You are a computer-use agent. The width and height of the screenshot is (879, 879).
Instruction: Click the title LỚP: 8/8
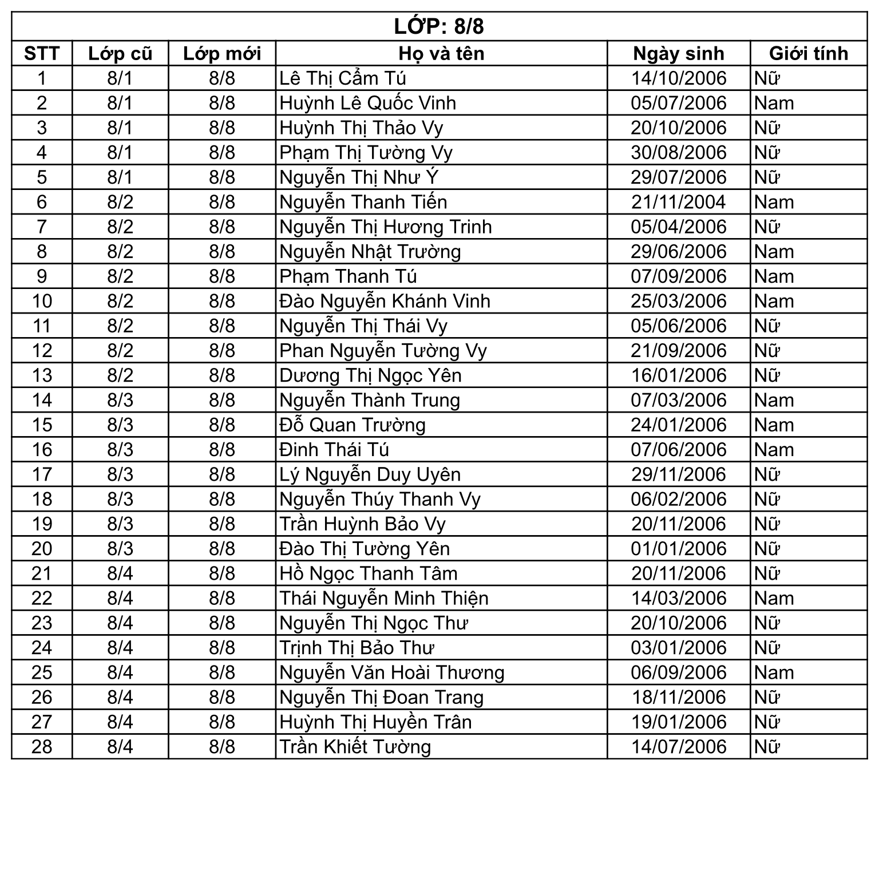tap(439, 27)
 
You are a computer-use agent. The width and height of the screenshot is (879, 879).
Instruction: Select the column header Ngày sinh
tap(678, 53)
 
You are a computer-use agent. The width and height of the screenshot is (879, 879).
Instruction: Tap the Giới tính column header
tap(808, 53)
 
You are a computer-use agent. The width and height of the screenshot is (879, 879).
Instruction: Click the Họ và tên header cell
tap(441, 53)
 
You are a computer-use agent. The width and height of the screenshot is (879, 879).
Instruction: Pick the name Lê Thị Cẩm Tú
tap(343, 78)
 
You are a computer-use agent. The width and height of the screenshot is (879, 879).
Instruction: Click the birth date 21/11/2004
tap(678, 202)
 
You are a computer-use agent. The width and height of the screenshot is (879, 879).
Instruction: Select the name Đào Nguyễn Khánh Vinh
tap(385, 301)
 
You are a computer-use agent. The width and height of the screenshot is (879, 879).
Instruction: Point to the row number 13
tap(42, 375)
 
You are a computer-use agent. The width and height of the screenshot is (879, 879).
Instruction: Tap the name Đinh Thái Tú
tap(334, 450)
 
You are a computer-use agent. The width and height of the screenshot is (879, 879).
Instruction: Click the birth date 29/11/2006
tap(678, 474)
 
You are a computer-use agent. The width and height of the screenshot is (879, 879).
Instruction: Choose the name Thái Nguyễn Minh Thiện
tap(384, 599)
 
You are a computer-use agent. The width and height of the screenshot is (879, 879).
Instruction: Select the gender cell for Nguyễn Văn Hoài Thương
tap(774, 672)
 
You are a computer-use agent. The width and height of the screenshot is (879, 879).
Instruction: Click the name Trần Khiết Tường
tap(355, 747)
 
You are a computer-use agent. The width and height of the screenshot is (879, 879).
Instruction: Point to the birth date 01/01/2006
tap(678, 549)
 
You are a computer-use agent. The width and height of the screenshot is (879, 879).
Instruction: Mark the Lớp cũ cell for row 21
tap(120, 573)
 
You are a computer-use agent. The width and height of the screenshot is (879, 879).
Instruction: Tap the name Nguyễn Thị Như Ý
tap(359, 177)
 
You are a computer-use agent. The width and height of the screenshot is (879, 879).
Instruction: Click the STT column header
tap(42, 53)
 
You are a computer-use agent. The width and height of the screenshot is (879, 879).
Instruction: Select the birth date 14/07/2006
tap(678, 747)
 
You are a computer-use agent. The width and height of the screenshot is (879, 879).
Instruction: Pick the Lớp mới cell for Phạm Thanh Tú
tap(222, 276)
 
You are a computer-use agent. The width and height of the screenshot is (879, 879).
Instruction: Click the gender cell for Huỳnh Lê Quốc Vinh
tap(774, 103)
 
